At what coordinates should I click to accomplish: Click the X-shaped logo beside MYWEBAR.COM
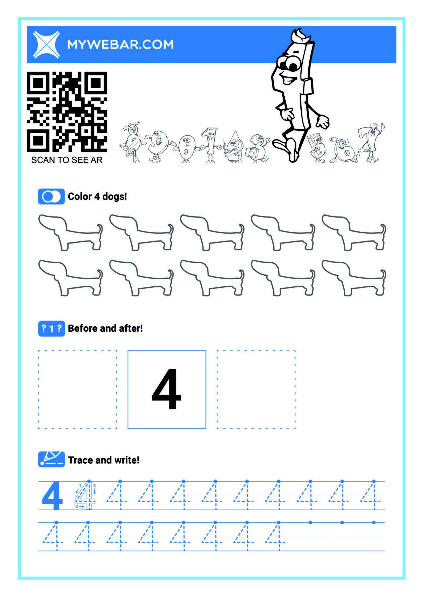tap(46, 44)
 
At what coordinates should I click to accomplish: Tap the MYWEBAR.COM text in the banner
tap(120, 45)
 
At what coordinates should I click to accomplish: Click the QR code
tap(67, 112)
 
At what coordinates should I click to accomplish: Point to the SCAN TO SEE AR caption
tap(67, 160)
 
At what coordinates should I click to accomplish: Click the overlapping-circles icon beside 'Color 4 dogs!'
tap(51, 196)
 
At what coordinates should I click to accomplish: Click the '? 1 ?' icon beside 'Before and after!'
tap(51, 329)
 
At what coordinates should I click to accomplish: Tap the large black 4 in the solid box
tap(166, 389)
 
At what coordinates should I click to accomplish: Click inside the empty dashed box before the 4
tap(77, 389)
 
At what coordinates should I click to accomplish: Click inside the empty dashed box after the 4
tap(256, 389)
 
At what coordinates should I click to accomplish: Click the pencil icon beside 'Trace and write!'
tap(51, 460)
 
